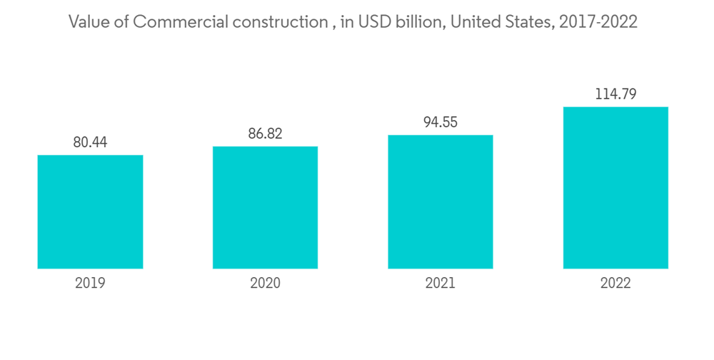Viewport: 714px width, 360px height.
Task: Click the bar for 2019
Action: point(90,211)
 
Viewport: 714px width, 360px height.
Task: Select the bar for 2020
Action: point(265,207)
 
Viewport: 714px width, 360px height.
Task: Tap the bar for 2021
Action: point(441,201)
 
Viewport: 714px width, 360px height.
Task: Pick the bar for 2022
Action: point(615,188)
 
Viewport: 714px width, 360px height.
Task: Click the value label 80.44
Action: point(90,143)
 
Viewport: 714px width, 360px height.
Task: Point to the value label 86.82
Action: point(265,134)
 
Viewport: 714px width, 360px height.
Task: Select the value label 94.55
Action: point(441,122)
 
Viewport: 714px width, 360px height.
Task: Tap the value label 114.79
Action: point(615,94)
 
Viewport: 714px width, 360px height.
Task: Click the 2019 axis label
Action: point(90,284)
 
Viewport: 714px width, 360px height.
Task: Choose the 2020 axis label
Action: point(265,284)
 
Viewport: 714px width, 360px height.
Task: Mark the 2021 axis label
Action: point(441,284)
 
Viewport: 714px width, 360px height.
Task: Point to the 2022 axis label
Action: point(615,284)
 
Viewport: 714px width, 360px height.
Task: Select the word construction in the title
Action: point(279,22)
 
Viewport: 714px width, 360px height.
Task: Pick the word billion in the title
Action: point(416,22)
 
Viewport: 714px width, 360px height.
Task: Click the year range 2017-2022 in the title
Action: point(599,22)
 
